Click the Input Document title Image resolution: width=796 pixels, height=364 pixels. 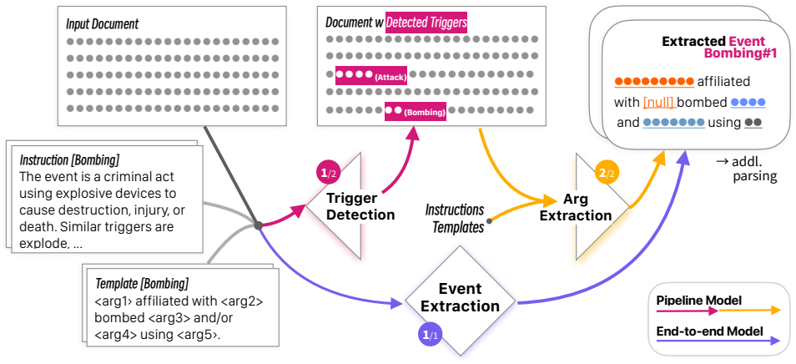(102, 24)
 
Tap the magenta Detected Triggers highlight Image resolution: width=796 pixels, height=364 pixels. (426, 23)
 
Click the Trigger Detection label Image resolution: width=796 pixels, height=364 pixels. (360, 206)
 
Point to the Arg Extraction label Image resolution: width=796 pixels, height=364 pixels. (575, 208)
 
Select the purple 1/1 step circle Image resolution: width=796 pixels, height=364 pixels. (427, 335)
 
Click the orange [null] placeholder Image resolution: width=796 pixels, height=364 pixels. (658, 103)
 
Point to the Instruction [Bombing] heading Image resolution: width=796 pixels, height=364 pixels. (69, 160)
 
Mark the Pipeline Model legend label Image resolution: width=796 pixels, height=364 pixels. (698, 301)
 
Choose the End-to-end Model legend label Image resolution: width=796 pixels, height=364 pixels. (709, 331)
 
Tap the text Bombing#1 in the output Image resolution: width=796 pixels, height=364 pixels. (740, 53)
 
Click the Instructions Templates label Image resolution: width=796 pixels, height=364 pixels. (455, 219)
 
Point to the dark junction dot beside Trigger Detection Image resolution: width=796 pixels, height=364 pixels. (259, 225)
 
